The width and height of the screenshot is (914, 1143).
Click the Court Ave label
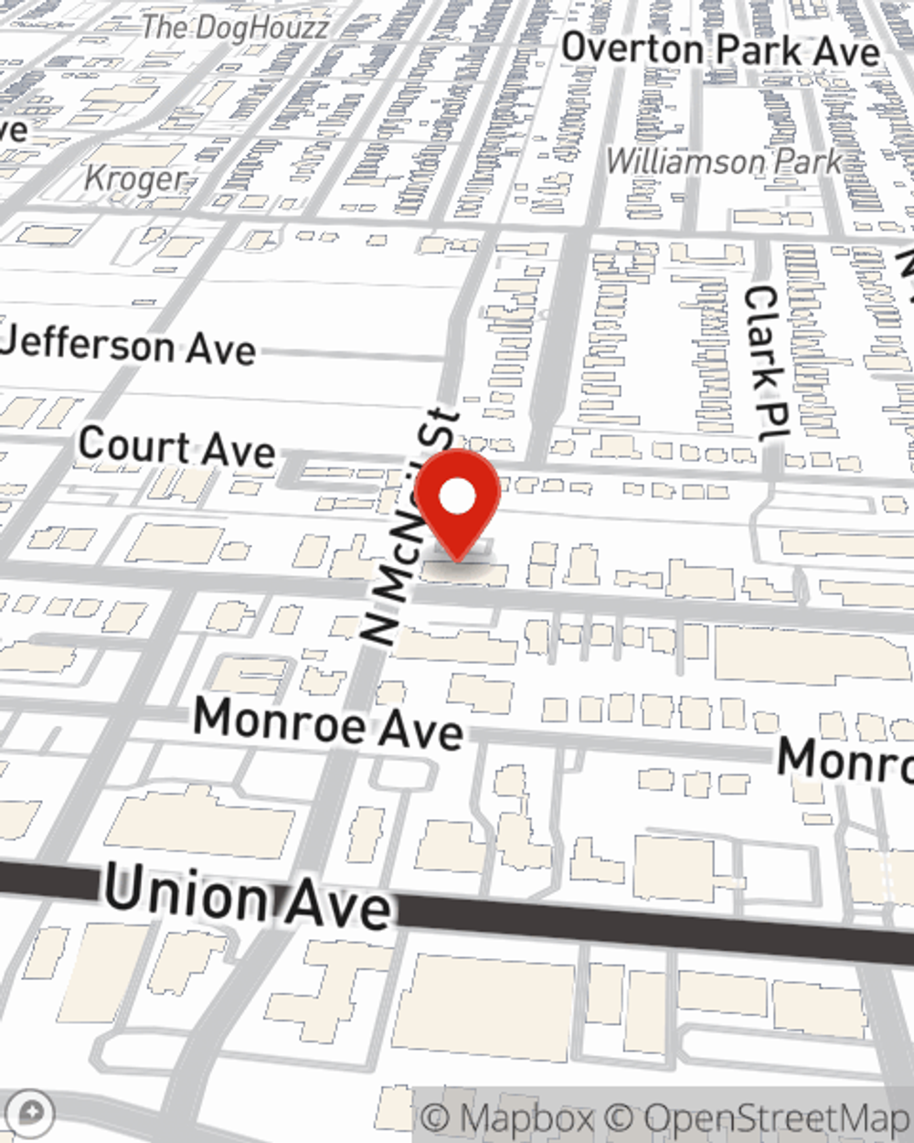coord(176,447)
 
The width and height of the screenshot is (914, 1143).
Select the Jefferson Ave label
coord(128,347)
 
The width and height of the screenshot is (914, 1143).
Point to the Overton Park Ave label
coord(720,49)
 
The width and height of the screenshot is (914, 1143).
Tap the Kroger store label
coord(135,177)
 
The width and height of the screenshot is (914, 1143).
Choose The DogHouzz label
coord(235,27)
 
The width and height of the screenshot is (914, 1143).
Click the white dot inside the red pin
coord(458,498)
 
